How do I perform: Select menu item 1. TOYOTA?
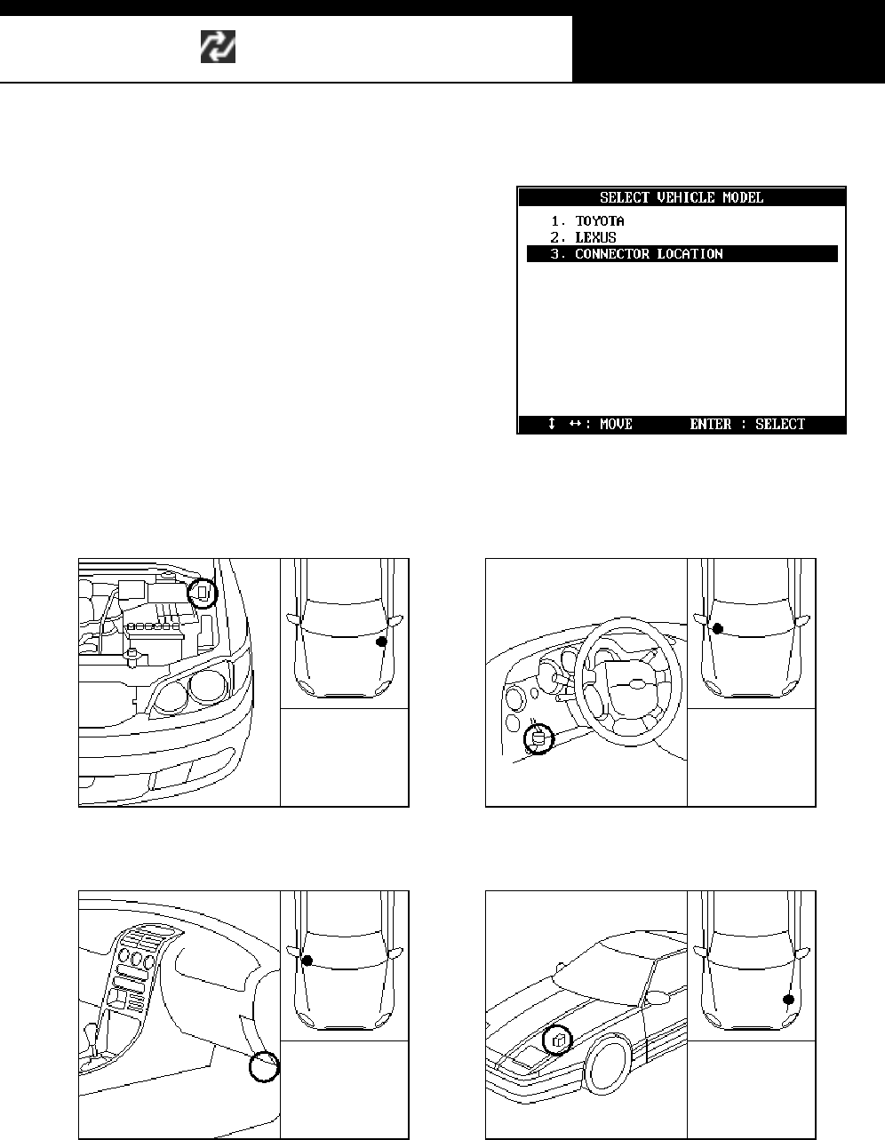[600, 220]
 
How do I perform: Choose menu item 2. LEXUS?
[595, 237]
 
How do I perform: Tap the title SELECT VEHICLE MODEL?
[682, 197]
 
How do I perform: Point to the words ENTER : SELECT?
[746, 425]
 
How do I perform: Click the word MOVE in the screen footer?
[616, 425]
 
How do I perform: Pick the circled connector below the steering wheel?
[537, 738]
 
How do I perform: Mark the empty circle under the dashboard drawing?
[264, 1066]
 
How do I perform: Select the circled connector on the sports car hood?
[557, 1039]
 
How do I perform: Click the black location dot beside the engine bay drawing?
[382, 641]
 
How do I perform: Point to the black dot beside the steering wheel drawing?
[718, 628]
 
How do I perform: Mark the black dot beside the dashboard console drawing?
[307, 961]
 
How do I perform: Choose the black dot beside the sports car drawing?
[788, 1000]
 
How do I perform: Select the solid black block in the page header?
[728, 48]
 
